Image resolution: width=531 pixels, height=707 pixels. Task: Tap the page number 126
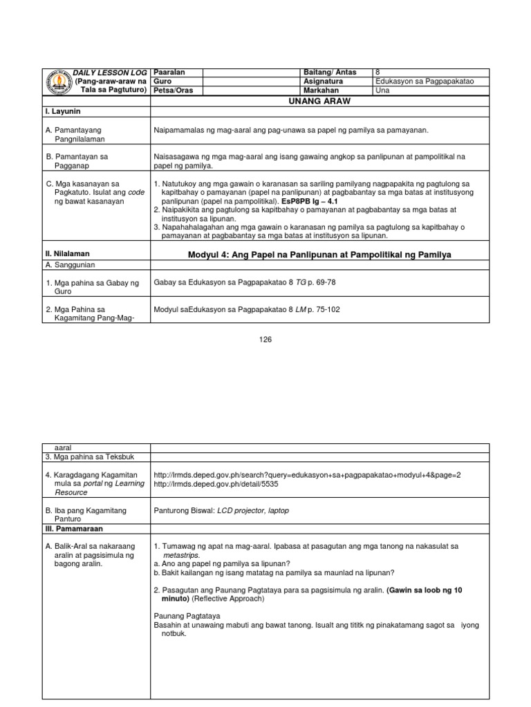pyautogui.click(x=265, y=339)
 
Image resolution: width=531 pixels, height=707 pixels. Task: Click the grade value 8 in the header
pyautogui.click(x=378, y=72)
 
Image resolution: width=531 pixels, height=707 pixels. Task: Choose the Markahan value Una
pyautogui.click(x=382, y=90)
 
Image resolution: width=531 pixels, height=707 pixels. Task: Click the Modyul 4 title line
pyautogui.click(x=319, y=255)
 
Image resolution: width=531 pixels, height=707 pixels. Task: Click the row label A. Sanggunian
pyautogui.click(x=70, y=264)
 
